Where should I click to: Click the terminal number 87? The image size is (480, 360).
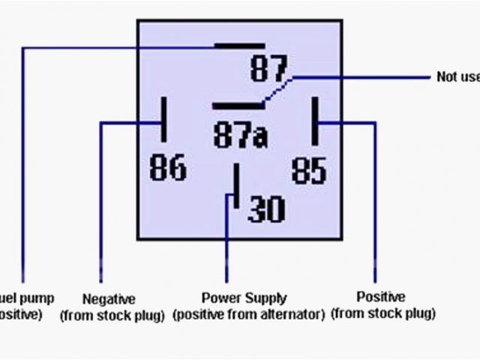click(x=268, y=70)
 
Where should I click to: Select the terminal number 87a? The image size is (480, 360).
click(x=240, y=136)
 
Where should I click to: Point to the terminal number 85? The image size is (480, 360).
click(x=309, y=169)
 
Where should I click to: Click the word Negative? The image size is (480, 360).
click(x=109, y=298)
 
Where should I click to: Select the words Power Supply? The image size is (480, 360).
click(x=244, y=298)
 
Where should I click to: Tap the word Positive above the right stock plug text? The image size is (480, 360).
click(x=380, y=297)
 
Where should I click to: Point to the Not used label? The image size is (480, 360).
click(x=457, y=76)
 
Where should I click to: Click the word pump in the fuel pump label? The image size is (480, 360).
click(x=37, y=298)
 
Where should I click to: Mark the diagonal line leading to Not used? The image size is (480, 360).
click(x=279, y=88)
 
